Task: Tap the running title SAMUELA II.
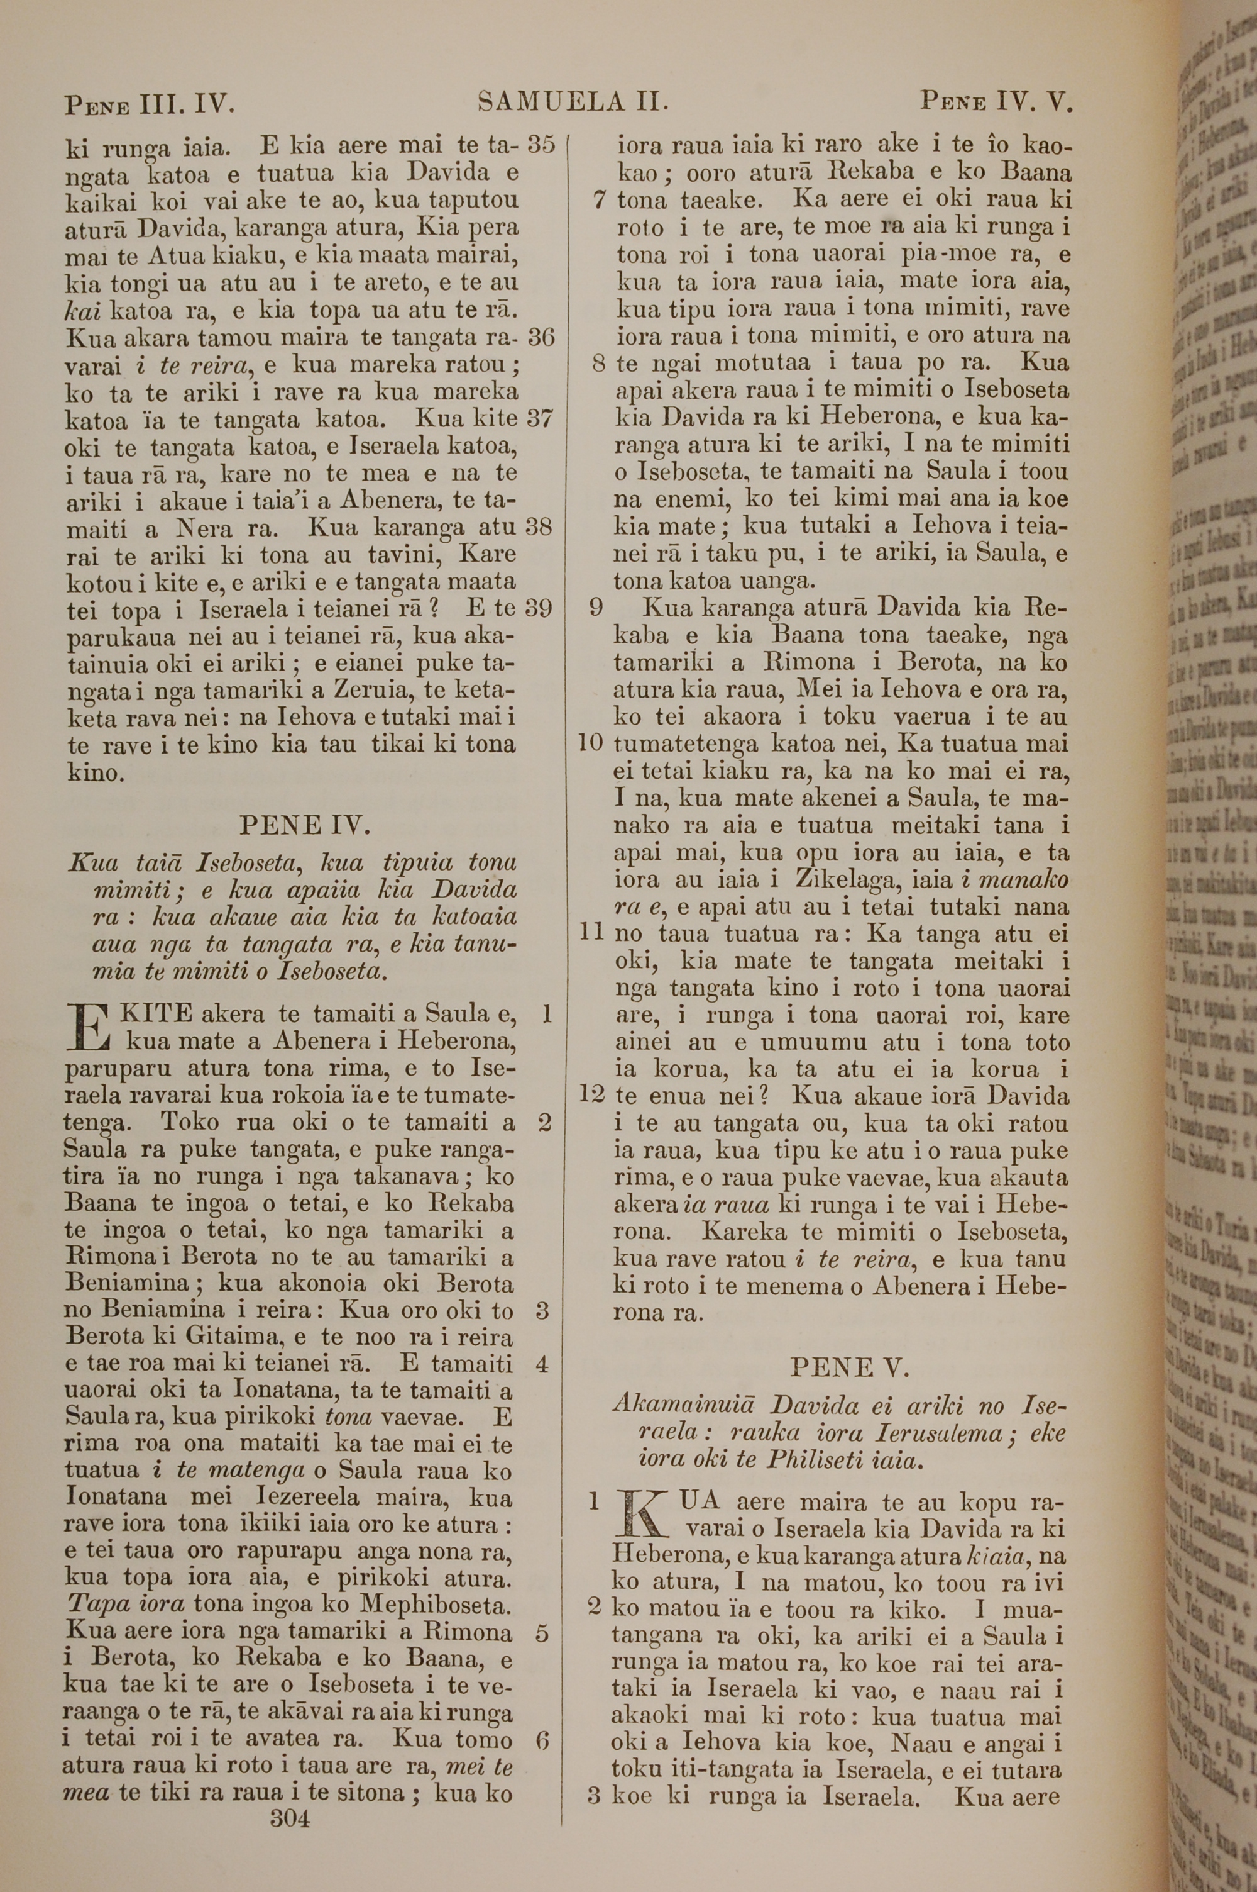point(574,102)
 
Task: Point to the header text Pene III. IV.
point(149,104)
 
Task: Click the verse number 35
point(541,145)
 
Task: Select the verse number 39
point(541,609)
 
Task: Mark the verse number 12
point(591,1095)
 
